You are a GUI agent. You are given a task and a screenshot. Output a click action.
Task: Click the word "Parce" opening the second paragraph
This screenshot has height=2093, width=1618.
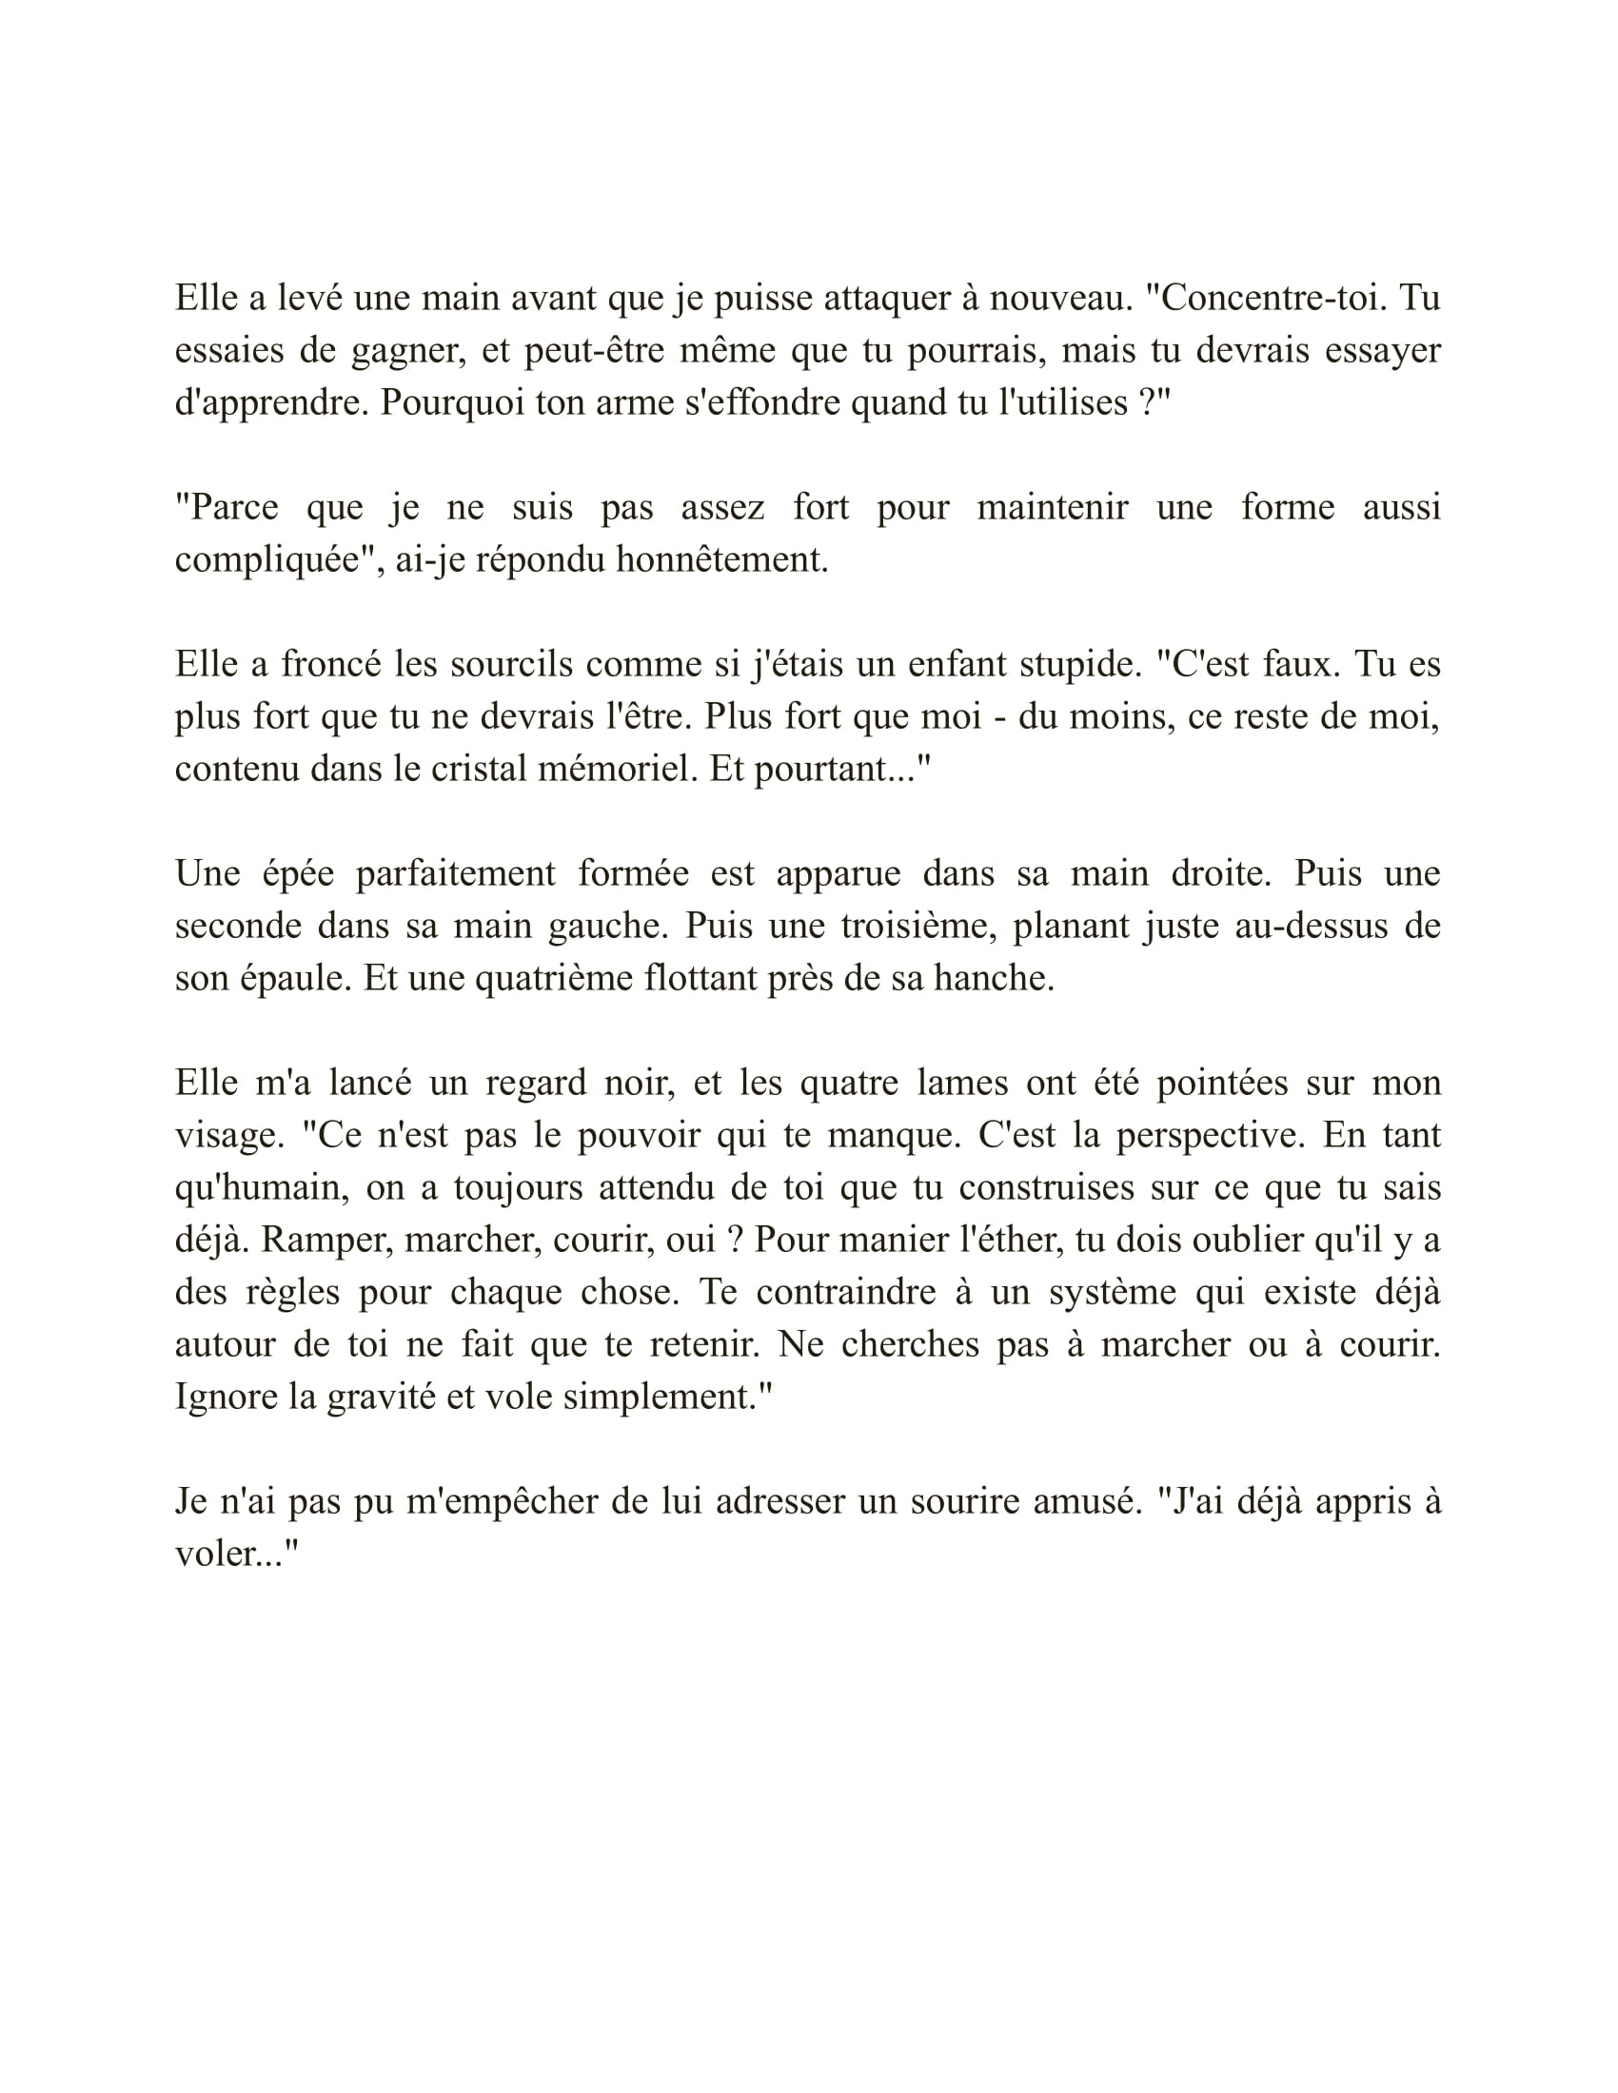pyautogui.click(x=227, y=507)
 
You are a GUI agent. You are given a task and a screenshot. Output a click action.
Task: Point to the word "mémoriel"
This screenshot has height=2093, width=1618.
pyautogui.click(x=618, y=769)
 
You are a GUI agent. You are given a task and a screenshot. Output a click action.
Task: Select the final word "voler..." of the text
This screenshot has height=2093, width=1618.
pyautogui.click(x=237, y=1554)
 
